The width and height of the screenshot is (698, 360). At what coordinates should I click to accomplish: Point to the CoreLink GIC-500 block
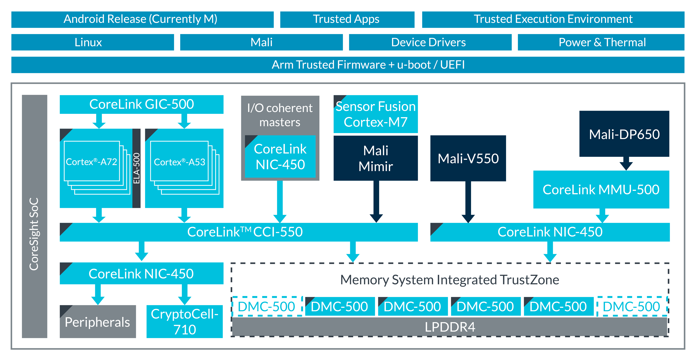[141, 104]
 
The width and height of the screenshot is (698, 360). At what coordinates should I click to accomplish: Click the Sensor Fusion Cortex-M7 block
[376, 114]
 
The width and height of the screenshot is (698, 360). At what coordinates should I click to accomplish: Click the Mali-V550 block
[468, 159]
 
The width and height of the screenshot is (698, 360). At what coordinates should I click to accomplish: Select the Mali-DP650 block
[624, 134]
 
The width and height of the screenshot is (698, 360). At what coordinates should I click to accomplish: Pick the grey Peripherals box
[98, 322]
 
